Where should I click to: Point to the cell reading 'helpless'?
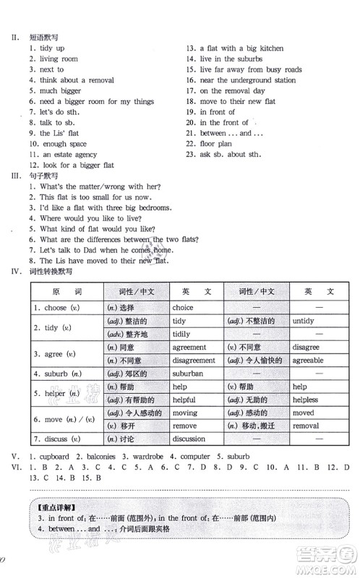pyautogui.click(x=307, y=400)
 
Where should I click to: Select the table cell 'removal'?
pyautogui.click(x=306, y=426)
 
